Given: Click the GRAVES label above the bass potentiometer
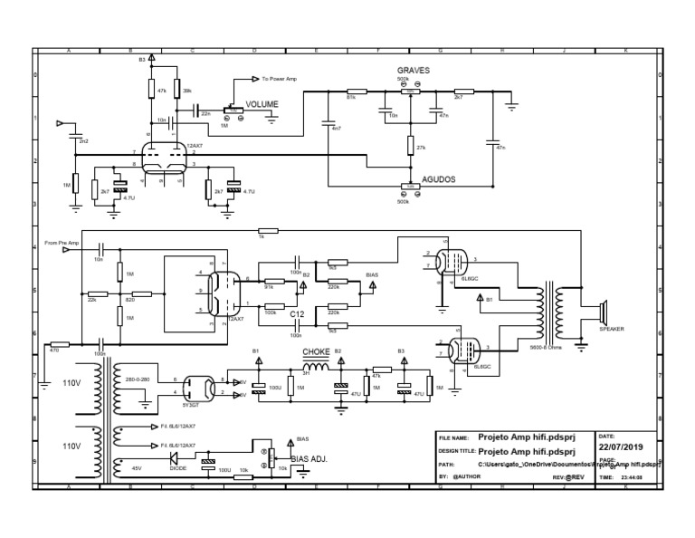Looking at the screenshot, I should click(x=413, y=70).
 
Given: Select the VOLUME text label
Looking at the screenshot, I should click(x=262, y=105).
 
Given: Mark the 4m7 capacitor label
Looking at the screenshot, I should click(x=337, y=129).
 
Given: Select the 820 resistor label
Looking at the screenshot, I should click(x=129, y=298).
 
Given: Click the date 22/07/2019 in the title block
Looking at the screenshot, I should click(x=620, y=447).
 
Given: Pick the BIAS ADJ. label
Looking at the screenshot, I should click(x=308, y=459).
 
